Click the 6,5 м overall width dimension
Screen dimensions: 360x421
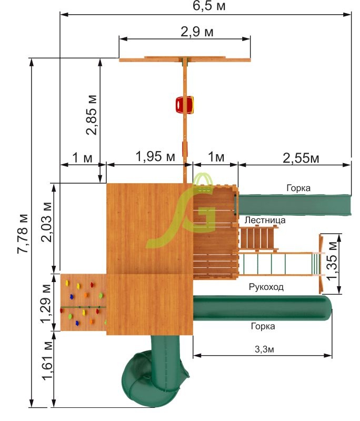[209, 6]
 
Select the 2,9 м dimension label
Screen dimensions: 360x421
[197, 32]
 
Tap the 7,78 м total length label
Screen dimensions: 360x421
[23, 234]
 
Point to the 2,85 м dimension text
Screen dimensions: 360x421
[92, 115]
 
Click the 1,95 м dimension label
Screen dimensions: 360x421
[155, 156]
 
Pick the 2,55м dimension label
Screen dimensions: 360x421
[301, 158]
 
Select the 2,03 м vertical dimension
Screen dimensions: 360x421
[46, 222]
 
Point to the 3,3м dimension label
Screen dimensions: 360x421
[264, 349]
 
